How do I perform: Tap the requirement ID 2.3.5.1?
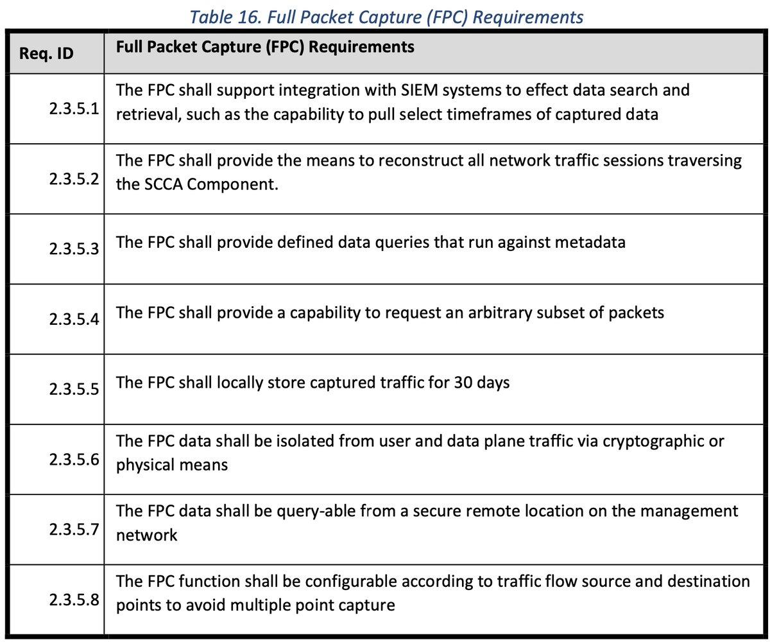[73, 108]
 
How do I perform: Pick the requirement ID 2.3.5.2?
[73, 178]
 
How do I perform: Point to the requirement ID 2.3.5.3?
[73, 248]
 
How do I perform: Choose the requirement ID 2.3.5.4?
[73, 319]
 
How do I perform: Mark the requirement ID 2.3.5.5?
[73, 389]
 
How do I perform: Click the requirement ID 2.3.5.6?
[73, 460]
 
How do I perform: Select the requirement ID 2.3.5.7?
[73, 530]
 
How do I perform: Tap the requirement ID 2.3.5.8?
[73, 600]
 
